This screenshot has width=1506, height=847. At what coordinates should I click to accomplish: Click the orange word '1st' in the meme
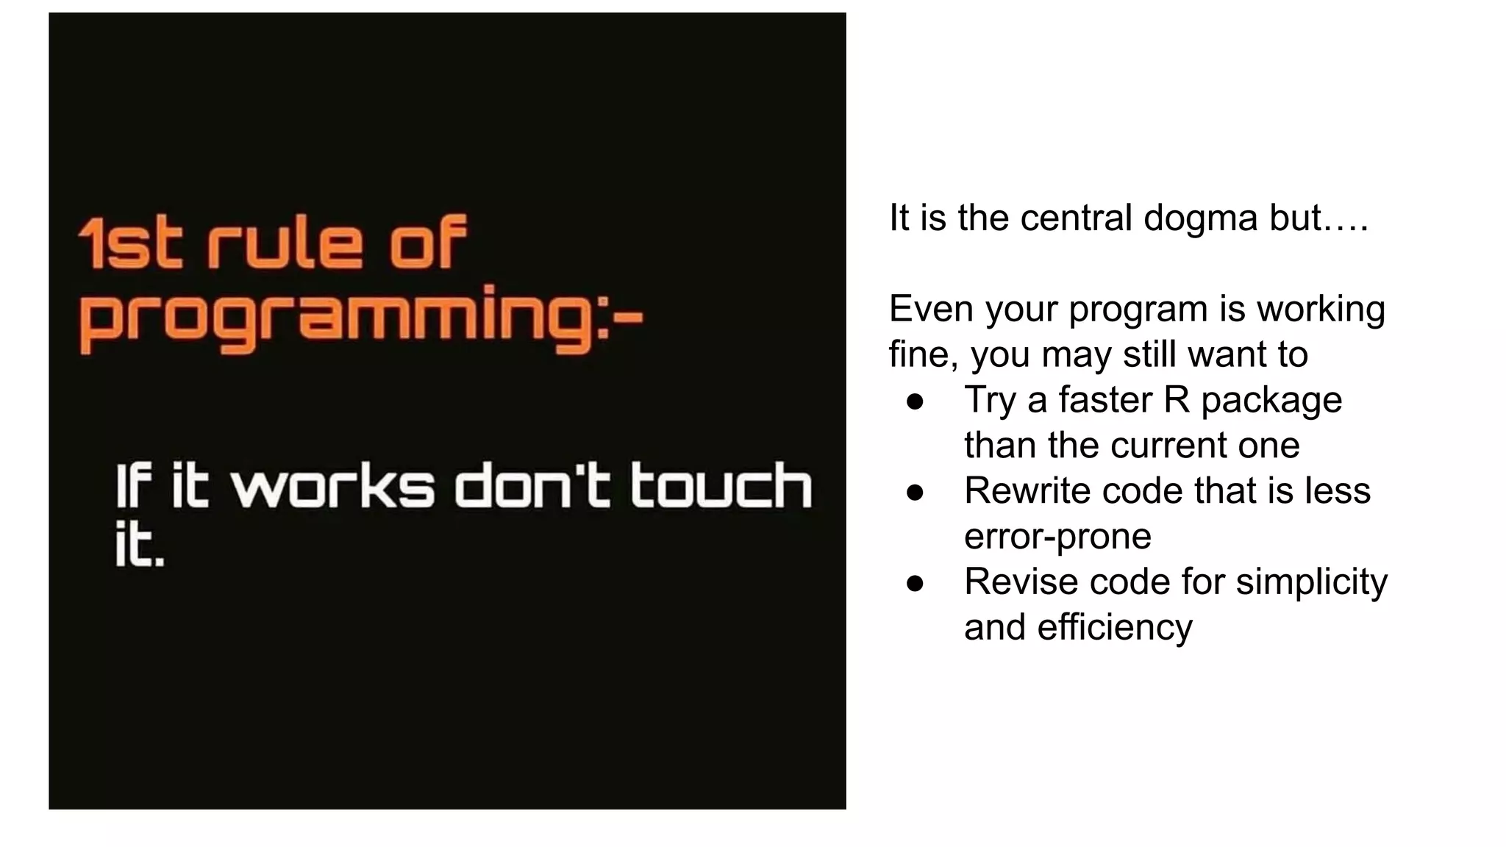[x=129, y=243]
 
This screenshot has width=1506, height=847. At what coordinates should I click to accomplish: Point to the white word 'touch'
[x=721, y=486]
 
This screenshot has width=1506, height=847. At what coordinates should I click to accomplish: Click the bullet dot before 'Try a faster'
[x=915, y=401]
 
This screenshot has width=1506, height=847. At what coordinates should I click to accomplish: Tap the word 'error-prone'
[x=1057, y=537]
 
